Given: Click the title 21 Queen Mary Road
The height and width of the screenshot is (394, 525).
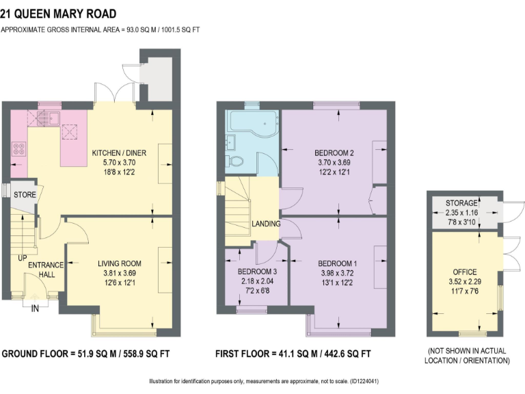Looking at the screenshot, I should click(x=58, y=14).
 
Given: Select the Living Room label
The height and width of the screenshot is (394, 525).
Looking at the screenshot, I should click(x=119, y=263).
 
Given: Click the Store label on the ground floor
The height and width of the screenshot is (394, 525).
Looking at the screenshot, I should click(x=25, y=195).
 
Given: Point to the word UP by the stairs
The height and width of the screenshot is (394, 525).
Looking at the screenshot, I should click(x=23, y=258).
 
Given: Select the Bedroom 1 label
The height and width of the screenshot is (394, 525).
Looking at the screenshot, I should click(x=338, y=263).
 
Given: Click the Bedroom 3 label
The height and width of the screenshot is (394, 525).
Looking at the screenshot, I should click(x=256, y=272).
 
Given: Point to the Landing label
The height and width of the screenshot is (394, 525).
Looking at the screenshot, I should click(x=265, y=224).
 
